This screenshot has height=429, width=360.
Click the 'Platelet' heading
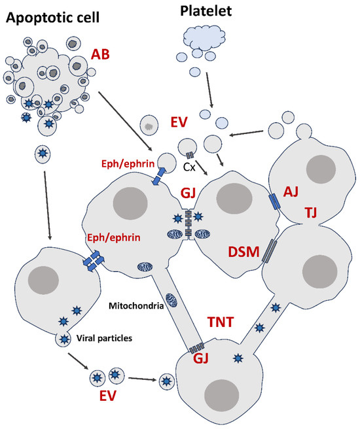207,11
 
